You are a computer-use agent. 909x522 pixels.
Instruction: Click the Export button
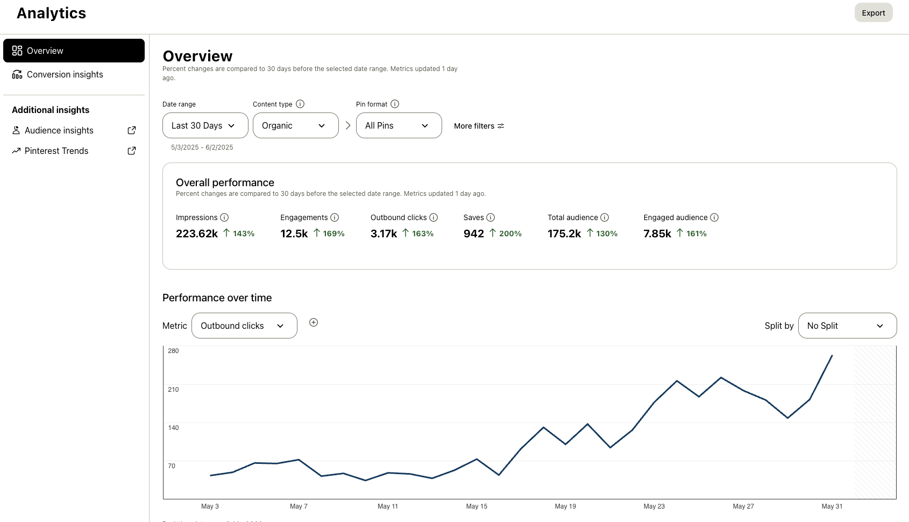coord(873,13)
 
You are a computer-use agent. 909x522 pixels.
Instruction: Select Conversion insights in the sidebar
coord(65,74)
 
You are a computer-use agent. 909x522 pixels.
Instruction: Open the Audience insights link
coord(59,130)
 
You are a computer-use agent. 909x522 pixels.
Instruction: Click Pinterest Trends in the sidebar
coord(56,151)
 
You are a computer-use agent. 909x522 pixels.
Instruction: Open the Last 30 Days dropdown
coord(205,125)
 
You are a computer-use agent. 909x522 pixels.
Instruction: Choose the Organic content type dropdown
coord(295,125)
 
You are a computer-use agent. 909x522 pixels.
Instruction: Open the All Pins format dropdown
coord(399,125)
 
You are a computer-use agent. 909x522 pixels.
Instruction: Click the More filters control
coord(479,126)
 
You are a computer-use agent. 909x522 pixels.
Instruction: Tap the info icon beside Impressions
coord(224,217)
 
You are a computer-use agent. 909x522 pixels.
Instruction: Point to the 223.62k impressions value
coord(197,234)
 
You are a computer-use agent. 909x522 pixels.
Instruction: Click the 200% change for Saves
coord(510,234)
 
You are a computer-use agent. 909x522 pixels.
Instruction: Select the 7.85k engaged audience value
coord(657,234)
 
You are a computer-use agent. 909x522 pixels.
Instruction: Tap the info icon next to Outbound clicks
coord(434,217)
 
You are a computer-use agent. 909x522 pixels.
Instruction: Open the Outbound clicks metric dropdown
coord(244,326)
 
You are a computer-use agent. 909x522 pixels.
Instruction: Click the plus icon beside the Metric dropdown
coord(314,322)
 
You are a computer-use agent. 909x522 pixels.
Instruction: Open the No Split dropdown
coord(847,326)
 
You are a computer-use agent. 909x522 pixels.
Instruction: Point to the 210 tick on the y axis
coord(173,389)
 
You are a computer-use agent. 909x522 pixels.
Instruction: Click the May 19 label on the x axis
coord(565,506)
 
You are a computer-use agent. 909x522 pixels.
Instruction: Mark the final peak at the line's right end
coord(832,356)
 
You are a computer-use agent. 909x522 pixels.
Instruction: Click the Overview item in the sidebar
coord(74,51)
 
